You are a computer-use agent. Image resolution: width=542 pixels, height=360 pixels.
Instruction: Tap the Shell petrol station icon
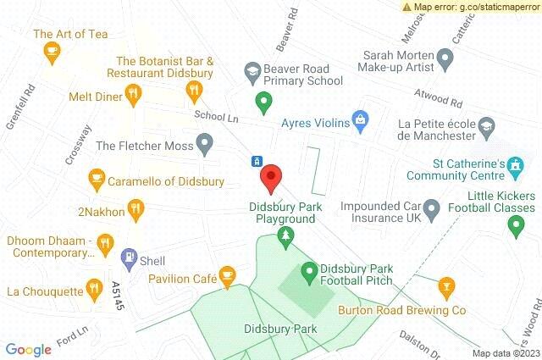click(129, 255)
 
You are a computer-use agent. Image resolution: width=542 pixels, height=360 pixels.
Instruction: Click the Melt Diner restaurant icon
click(133, 97)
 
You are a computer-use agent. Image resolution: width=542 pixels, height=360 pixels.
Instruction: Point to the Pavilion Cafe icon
click(226, 274)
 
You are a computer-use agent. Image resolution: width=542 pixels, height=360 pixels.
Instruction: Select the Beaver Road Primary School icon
click(252, 69)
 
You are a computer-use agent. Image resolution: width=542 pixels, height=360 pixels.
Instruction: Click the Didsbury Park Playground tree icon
click(287, 235)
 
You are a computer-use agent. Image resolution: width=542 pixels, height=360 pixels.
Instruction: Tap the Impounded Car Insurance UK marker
click(432, 206)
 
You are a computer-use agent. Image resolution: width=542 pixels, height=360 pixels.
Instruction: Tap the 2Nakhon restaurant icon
click(134, 208)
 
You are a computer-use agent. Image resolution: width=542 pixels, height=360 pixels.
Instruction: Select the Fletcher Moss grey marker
click(204, 144)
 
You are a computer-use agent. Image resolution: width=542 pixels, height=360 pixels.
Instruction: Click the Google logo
click(28, 349)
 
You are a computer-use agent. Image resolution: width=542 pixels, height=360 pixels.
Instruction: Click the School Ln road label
click(210, 117)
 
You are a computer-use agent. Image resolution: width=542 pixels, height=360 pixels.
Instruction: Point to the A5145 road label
click(117, 296)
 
